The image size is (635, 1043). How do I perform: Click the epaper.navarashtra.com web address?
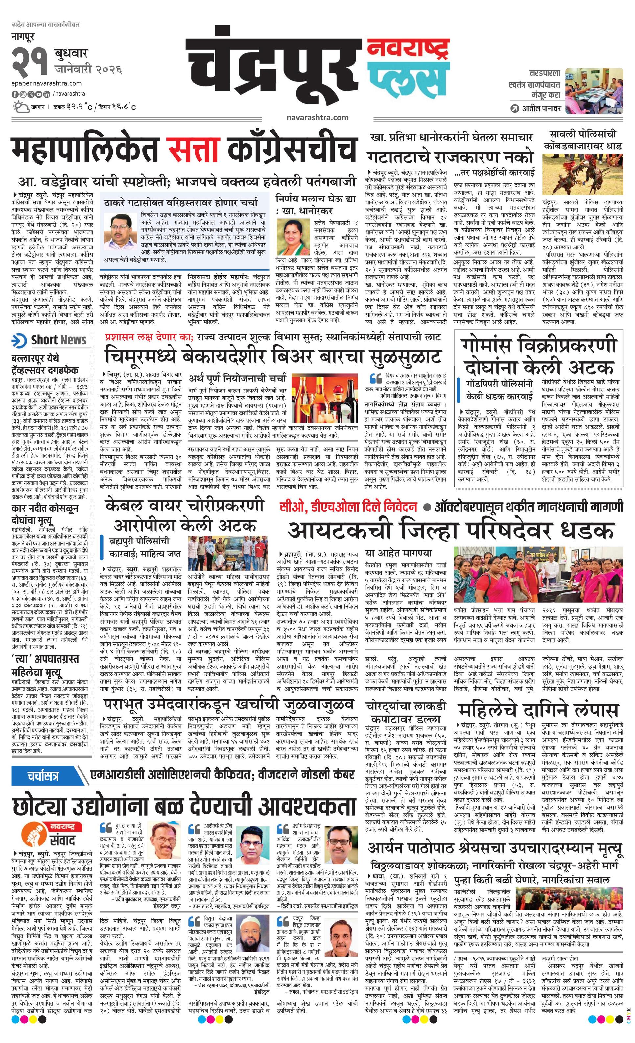47,83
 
